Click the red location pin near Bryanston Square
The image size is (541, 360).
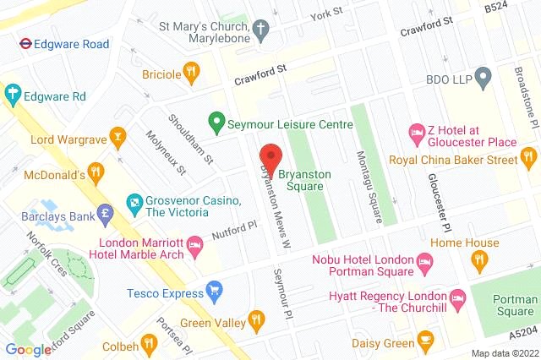(270, 157)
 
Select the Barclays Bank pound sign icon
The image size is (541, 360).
(106, 212)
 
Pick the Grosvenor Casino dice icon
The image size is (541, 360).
(134, 202)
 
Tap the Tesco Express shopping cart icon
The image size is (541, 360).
(215, 292)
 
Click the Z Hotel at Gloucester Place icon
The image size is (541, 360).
(417, 133)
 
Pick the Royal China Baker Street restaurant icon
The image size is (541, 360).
(529, 156)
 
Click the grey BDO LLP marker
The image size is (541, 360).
(483, 78)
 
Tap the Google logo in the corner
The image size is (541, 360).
(28, 349)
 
